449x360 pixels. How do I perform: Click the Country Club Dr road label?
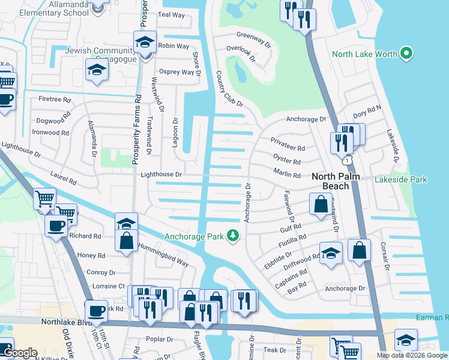(229, 89)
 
